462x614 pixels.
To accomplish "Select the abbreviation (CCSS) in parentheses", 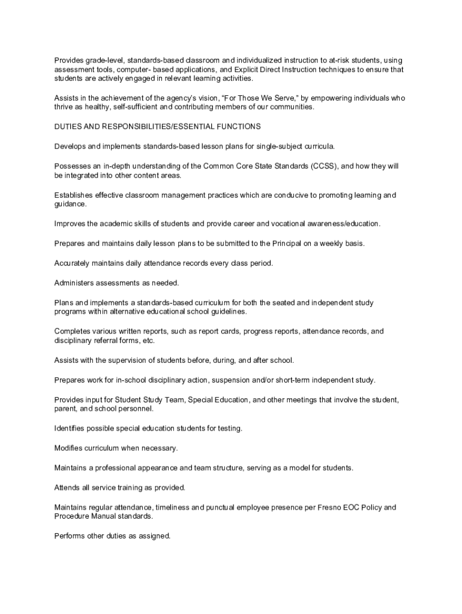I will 325,166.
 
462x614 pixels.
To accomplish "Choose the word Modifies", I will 70,448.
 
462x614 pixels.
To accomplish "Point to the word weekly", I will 333,243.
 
